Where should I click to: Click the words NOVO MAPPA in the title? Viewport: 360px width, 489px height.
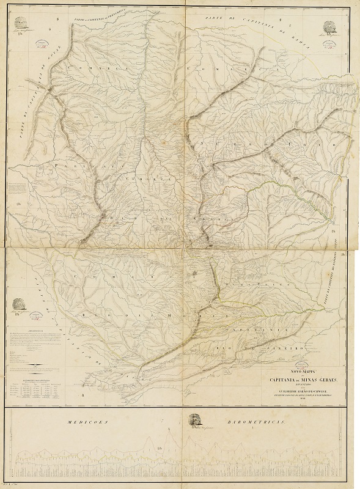(x=292, y=372)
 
